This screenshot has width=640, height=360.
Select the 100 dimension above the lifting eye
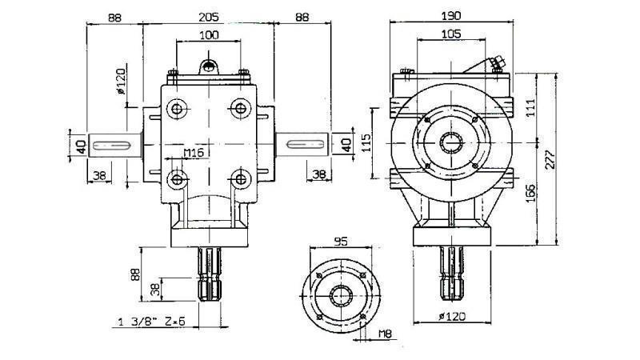point(208,35)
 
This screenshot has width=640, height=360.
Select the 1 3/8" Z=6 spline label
point(151,322)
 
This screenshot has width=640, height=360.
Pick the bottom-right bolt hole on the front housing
point(239,177)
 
